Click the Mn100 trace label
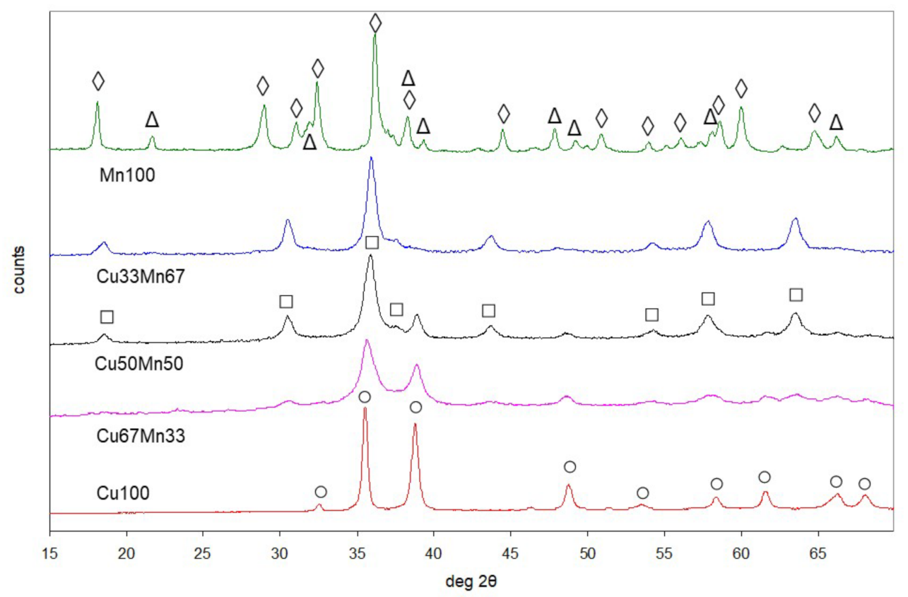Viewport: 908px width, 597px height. (126, 175)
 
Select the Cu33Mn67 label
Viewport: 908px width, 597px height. (140, 277)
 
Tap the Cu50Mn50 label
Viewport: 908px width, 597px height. (138, 365)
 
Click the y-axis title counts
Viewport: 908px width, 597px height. (23, 269)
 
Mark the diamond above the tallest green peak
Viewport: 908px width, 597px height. (375, 23)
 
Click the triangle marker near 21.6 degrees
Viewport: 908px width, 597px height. (152, 119)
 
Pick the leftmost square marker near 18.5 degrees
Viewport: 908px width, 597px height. (107, 317)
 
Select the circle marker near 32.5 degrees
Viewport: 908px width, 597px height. (321, 491)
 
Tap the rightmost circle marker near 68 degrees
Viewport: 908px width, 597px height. (864, 484)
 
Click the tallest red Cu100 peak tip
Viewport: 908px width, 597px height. (365, 408)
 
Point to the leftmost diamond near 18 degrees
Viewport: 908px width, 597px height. (98, 81)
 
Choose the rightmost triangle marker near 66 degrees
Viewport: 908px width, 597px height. (836, 123)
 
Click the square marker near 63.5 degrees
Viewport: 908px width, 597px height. (796, 295)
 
